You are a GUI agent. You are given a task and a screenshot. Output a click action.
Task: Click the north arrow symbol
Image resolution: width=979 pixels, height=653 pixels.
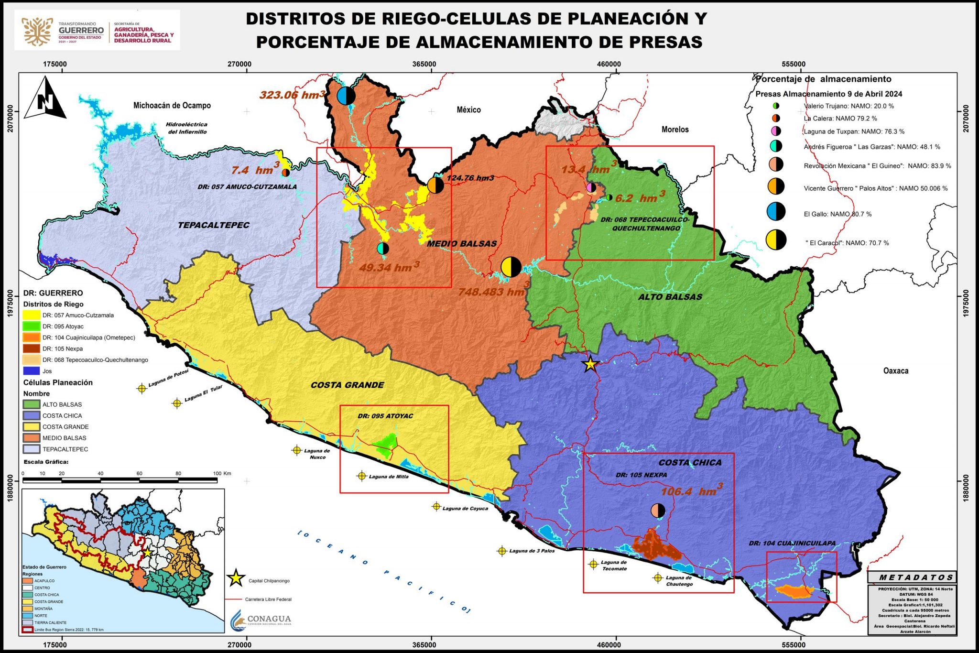tap(45, 98)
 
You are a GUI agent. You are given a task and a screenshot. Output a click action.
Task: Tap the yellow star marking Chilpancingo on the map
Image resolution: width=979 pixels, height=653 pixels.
tap(590, 365)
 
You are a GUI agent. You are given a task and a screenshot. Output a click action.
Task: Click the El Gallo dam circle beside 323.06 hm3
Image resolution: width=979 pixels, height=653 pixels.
tap(346, 96)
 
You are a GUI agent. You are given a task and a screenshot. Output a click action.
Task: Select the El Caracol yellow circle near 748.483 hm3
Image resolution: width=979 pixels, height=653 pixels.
tap(511, 267)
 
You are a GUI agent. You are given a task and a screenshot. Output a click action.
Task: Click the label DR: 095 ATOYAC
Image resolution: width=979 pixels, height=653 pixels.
tap(385, 416)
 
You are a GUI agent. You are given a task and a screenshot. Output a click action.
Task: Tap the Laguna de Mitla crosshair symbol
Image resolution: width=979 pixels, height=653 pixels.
tap(362, 476)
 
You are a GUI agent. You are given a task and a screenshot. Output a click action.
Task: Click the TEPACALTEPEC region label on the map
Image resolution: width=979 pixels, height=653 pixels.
tap(214, 225)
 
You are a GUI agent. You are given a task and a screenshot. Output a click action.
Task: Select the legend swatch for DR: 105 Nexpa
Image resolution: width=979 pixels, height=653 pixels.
tap(32, 348)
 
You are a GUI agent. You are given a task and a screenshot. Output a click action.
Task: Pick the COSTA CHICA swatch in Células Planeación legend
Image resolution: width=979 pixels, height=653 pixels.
tap(32, 415)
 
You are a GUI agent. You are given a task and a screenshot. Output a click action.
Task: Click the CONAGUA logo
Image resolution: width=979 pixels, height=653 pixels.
tap(261, 620)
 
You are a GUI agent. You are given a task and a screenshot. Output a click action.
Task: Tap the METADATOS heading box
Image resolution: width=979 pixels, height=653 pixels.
tap(912, 577)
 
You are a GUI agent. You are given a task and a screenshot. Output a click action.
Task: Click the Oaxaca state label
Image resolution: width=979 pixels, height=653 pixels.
tap(895, 370)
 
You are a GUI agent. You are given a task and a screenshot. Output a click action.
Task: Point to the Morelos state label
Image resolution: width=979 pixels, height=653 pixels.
tap(675, 130)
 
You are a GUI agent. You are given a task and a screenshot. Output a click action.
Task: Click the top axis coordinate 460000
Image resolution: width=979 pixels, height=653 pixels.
tap(609, 64)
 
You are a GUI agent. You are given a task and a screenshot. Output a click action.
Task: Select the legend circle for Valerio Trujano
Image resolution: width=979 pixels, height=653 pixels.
tap(776, 106)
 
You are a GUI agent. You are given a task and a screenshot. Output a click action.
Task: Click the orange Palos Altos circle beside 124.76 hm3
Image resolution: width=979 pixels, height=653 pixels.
tap(435, 185)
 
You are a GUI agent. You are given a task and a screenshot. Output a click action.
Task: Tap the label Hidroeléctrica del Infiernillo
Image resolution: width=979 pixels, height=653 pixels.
tap(187, 128)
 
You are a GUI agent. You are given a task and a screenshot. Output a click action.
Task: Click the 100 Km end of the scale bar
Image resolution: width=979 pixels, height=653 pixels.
tap(217, 479)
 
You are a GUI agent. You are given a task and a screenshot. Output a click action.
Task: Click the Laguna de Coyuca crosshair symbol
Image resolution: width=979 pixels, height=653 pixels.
tap(436, 506)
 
